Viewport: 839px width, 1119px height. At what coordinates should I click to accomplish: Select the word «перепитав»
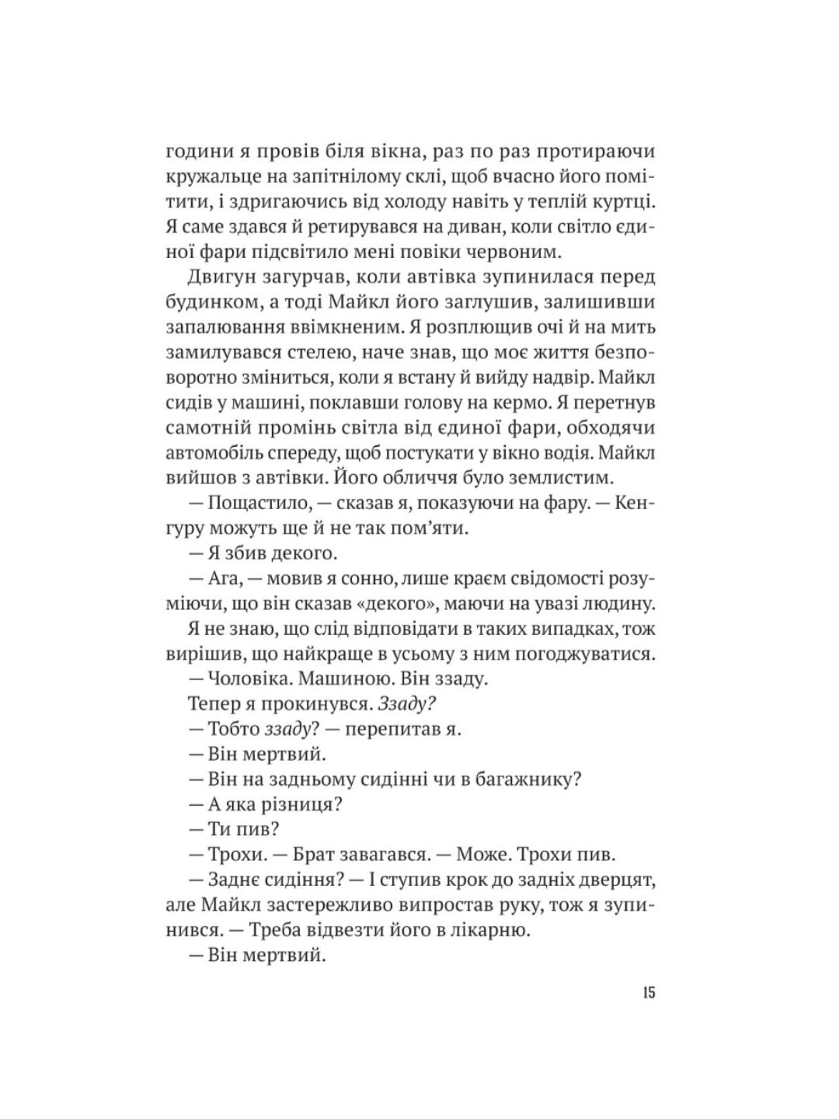385,729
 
